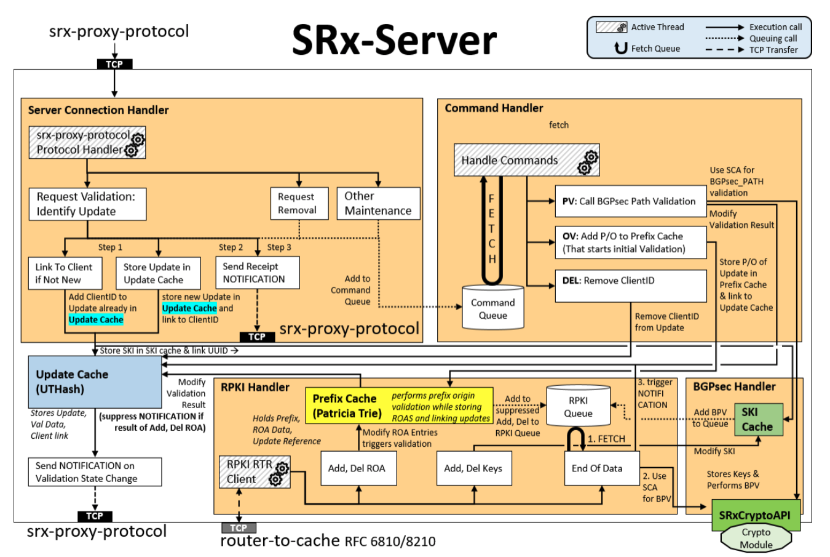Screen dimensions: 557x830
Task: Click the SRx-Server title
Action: (393, 41)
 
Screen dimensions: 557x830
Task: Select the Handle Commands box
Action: (526, 160)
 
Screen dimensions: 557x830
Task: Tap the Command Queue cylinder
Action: (492, 308)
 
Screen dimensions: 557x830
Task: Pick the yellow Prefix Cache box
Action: (399, 406)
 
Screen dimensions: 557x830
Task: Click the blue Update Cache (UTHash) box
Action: (95, 382)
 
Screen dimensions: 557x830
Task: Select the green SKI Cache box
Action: (758, 420)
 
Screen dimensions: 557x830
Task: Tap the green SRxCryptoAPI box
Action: (755, 515)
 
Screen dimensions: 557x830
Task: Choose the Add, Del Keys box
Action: (473, 468)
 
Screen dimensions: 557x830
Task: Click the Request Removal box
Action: (298, 203)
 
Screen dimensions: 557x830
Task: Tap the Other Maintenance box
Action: (378, 203)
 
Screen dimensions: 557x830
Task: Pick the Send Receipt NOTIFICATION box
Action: (257, 273)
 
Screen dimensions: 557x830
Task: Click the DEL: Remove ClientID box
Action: (630, 286)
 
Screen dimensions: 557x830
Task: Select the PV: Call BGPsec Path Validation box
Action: (630, 201)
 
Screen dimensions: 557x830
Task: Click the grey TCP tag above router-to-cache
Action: (239, 528)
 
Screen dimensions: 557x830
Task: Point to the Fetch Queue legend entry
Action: (649, 49)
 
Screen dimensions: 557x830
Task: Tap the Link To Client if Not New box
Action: (65, 273)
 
